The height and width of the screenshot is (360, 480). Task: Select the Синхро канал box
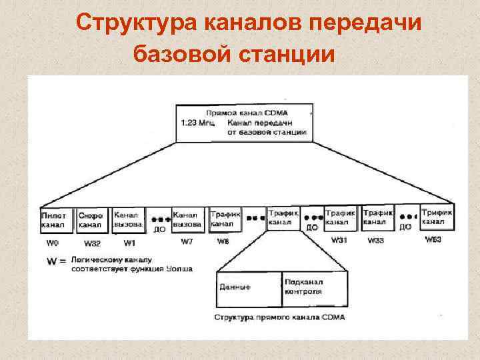91,220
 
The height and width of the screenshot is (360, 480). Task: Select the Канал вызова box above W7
187,219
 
